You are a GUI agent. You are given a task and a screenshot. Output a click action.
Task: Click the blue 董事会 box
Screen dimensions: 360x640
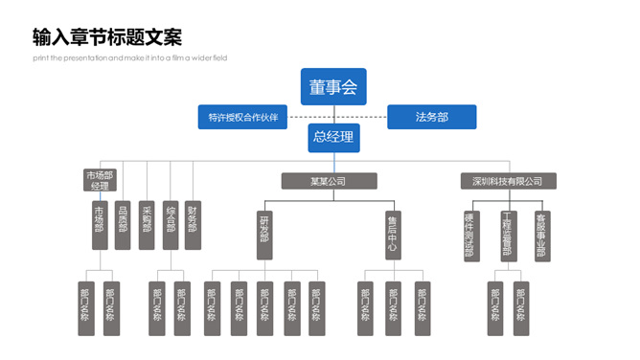point(332,87)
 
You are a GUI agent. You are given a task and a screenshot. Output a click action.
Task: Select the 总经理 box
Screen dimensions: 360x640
point(333,137)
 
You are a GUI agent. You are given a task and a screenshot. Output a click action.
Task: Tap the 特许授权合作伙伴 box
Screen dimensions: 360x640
point(242,118)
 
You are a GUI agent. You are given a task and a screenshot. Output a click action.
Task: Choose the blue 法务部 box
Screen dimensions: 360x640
point(431,118)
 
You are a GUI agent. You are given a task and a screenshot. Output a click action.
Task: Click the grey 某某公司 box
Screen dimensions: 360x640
point(329,181)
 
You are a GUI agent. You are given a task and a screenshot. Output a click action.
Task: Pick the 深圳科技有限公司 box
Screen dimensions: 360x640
point(507,181)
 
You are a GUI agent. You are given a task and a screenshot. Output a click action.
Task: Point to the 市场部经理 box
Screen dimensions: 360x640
point(100,180)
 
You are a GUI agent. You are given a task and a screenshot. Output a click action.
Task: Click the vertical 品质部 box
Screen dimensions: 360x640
point(123,224)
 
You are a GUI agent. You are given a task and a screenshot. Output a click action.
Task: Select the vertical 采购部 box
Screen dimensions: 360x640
point(147,224)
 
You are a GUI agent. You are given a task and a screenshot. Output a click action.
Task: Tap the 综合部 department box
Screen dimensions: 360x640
point(171,224)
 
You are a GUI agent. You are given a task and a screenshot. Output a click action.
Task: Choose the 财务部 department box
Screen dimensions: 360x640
point(194,224)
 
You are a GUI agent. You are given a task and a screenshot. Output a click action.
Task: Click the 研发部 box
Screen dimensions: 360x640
point(264,235)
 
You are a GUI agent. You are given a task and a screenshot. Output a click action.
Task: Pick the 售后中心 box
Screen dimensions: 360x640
point(392,235)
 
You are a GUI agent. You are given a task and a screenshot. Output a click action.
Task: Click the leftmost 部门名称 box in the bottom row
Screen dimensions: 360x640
point(85,308)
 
